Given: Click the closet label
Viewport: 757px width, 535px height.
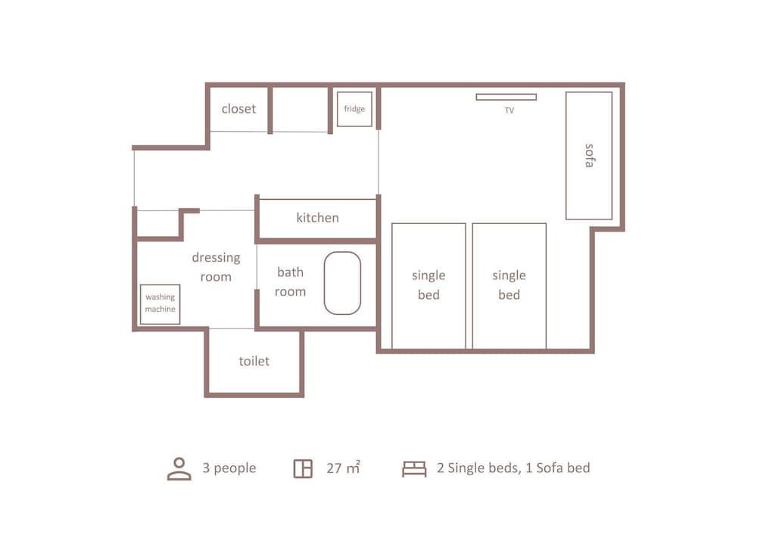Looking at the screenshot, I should pos(238,109).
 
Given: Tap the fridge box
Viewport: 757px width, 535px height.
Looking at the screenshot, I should pos(354,109).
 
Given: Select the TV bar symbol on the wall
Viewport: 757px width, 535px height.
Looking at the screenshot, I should pos(506,97).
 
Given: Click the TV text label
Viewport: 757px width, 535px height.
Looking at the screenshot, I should pos(509,110).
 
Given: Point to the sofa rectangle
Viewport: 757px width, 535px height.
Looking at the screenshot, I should pos(589,156).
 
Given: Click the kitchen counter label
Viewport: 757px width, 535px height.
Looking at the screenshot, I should pos(317,218).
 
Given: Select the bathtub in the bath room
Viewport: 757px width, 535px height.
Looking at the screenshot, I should pos(342,283).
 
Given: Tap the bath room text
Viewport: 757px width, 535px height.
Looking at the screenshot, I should pos(290,281).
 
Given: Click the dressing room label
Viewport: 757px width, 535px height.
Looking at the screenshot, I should pos(216,267).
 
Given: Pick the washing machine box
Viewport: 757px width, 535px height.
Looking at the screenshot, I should pos(160,303).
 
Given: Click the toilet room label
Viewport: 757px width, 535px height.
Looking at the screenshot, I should pos(254,362).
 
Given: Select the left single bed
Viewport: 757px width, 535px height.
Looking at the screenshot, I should pos(428,285).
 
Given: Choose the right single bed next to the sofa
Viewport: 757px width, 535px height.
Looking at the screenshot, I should pos(509,285).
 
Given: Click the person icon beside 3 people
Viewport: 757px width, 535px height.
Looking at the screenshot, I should pos(179,468).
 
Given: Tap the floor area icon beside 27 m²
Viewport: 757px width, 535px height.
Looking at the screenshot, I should pos(303,468).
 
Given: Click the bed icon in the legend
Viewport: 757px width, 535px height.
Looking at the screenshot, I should pos(414,468).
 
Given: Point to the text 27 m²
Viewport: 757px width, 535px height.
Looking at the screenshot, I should pos(343,468).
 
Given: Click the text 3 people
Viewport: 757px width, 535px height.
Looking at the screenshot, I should pos(229,468).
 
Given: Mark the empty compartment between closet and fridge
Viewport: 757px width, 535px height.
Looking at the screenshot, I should pos(300,110).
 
